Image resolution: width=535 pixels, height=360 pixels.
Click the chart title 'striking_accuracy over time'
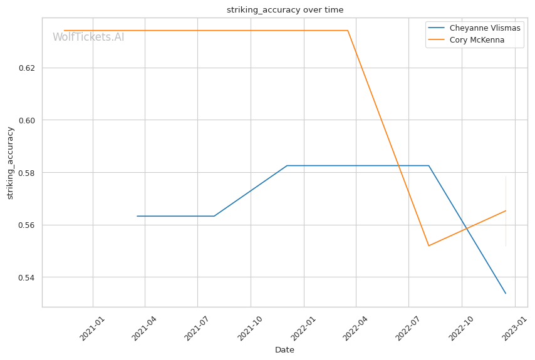point(285,10)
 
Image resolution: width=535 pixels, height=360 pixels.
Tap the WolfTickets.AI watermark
point(88,37)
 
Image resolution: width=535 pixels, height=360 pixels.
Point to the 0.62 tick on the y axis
point(27,68)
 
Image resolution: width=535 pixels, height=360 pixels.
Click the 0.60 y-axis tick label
point(27,120)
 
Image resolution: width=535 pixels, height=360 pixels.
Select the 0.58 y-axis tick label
point(27,173)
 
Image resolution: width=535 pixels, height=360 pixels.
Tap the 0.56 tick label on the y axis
point(27,225)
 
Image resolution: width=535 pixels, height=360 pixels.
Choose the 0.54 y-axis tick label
point(27,277)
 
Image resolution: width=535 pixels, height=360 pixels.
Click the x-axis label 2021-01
point(91,328)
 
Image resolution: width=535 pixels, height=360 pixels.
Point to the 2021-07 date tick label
point(196,328)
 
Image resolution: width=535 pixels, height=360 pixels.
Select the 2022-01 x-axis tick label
point(303,328)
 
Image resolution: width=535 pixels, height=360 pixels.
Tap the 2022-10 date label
point(460,328)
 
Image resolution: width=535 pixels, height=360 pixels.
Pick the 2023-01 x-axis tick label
point(514,328)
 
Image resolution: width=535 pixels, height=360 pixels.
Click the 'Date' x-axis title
point(284,350)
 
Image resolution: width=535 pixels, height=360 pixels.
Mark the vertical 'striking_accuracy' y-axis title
point(10,163)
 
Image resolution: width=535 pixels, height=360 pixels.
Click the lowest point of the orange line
point(429,246)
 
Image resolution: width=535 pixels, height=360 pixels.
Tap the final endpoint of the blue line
point(506,293)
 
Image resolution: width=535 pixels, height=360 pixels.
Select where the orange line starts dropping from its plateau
point(348,31)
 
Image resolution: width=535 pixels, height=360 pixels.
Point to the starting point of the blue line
point(137,216)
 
